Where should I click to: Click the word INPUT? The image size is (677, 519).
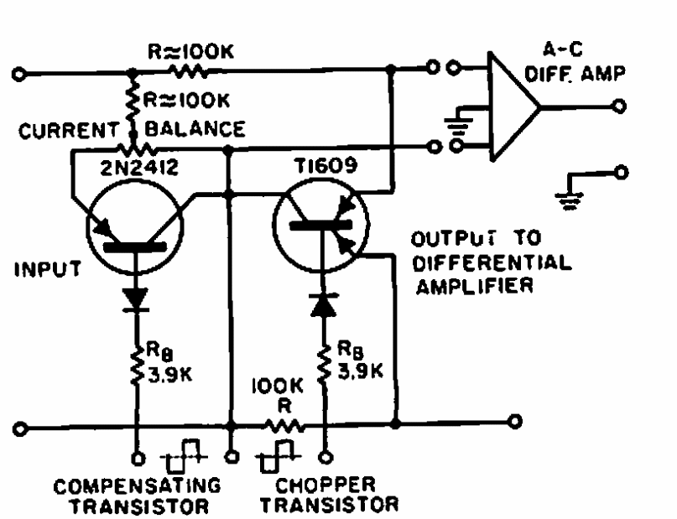48,271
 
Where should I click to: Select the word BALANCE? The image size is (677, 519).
196,129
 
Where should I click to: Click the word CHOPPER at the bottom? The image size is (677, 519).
324,485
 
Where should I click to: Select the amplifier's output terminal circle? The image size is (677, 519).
621,106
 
